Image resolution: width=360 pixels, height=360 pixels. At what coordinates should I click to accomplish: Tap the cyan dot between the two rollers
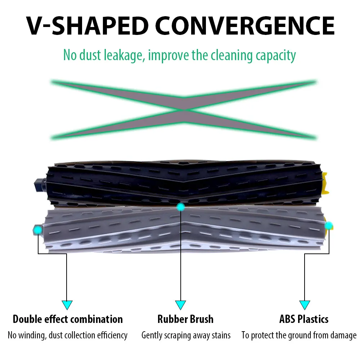[181, 207]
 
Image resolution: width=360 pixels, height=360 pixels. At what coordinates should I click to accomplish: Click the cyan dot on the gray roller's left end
[37, 230]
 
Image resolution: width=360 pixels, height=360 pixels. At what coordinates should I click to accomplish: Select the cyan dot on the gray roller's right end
[329, 226]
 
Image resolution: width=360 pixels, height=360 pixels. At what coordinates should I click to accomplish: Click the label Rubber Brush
[185, 319]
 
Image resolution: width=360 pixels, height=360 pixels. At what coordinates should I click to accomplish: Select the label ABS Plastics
[304, 319]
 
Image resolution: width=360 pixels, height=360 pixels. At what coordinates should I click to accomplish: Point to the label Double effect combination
[68, 319]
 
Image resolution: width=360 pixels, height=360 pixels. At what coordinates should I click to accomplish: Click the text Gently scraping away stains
[186, 336]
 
